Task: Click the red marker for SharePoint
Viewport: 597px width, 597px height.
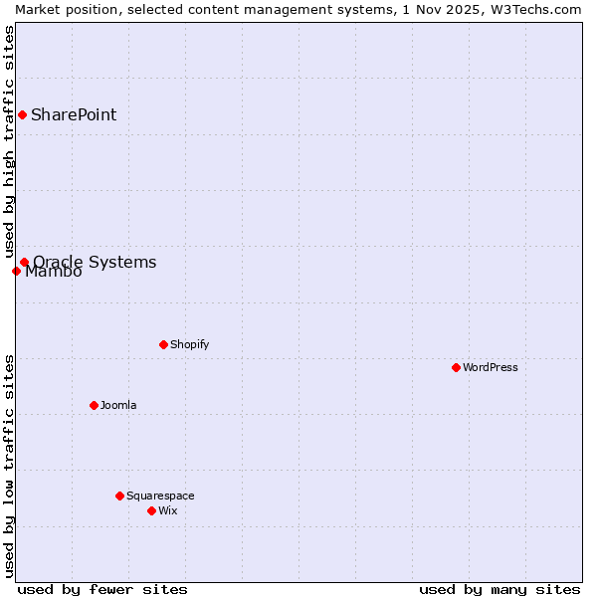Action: click(22, 114)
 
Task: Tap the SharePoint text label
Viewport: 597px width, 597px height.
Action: click(74, 114)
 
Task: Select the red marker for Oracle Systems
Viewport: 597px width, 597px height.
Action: click(25, 263)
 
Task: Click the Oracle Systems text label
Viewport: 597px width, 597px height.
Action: click(95, 263)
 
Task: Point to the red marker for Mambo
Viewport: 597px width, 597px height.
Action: click(16, 271)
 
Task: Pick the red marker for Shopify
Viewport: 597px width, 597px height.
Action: click(163, 344)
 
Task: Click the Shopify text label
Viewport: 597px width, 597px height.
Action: click(189, 344)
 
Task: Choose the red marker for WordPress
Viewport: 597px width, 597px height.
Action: click(456, 367)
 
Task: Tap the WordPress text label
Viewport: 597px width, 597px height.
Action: click(490, 367)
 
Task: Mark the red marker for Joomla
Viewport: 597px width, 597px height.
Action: click(94, 405)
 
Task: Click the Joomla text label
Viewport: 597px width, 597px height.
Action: click(118, 405)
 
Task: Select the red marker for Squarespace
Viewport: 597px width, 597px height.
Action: click(119, 496)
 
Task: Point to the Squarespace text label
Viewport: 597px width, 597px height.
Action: click(160, 496)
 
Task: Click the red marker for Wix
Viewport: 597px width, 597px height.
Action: click(151, 510)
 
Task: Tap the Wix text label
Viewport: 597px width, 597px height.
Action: click(168, 510)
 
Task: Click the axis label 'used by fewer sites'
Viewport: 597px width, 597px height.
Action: click(102, 589)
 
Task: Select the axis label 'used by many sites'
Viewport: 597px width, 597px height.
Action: click(499, 589)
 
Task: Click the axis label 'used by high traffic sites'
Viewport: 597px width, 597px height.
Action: click(10, 142)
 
